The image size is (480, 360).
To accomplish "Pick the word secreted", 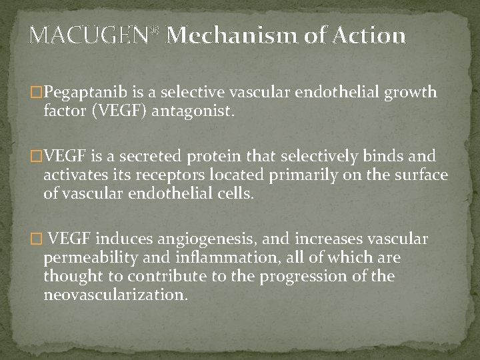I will pyautogui.click(x=171, y=157).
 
